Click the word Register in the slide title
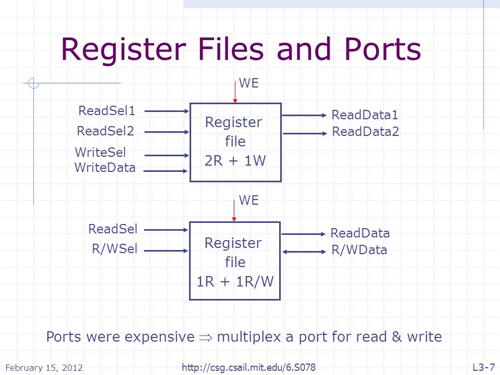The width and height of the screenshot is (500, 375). click(123, 50)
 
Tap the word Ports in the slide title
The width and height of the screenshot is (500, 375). click(383, 49)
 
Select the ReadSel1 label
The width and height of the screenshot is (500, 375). click(107, 110)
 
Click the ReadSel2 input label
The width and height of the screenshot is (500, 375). click(106, 131)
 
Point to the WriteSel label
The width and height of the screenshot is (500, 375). click(101, 152)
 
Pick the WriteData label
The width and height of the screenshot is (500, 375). click(105, 167)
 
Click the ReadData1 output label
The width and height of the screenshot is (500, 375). click(365, 115)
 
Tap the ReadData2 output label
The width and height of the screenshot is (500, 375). click(366, 131)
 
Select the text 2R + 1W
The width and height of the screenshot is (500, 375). click(235, 160)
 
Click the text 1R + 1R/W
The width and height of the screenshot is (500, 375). click(235, 281)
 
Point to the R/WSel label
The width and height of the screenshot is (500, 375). click(115, 248)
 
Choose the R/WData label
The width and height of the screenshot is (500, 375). click(359, 249)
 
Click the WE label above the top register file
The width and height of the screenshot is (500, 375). click(249, 83)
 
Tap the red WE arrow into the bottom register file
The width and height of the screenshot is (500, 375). click(234, 210)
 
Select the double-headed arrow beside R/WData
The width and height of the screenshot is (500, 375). click(304, 252)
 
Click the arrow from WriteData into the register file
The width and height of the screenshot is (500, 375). click(166, 171)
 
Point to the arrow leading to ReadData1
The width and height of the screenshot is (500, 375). click(305, 115)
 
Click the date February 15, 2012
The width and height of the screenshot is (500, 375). click(44, 368)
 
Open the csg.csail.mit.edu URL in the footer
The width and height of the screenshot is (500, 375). click(249, 367)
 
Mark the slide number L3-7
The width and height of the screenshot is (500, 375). click(484, 367)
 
